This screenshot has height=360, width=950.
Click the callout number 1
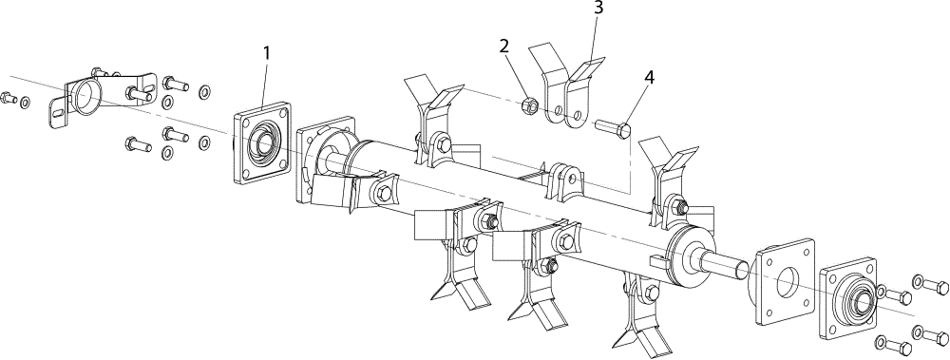pos(267,53)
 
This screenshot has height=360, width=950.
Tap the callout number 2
pos(504,46)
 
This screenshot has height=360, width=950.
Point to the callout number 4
pos(650,78)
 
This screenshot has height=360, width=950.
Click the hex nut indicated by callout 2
pos(527,105)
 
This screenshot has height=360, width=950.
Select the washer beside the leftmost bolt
pos(25,102)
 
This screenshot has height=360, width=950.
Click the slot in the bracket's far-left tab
pos(58,111)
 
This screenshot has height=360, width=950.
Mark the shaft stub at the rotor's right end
pos(725,264)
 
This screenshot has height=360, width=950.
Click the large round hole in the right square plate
pos(787,281)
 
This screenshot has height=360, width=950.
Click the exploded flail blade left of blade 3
pos(548,84)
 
